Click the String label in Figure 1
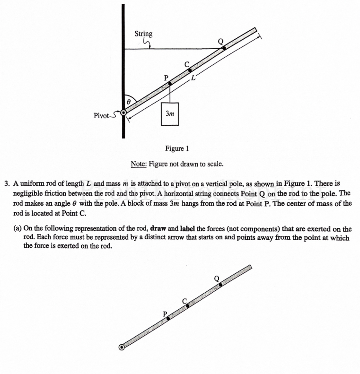click(143, 34)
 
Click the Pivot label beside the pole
click(101, 115)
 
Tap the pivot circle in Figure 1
click(123, 113)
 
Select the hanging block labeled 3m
click(169, 114)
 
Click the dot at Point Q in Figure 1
click(224, 48)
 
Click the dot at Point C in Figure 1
click(190, 70)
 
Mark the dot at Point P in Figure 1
click(170, 83)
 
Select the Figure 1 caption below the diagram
click(176, 148)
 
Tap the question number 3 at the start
click(7, 183)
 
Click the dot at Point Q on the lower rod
click(220, 285)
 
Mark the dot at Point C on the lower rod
click(188, 306)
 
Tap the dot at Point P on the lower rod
click(168, 319)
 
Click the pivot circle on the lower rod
click(122, 347)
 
